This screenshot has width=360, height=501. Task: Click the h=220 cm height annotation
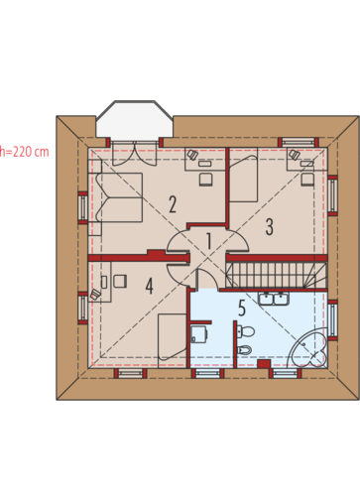point(24,152)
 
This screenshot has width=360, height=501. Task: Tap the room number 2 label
point(173,204)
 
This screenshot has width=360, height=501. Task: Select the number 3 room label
point(270,227)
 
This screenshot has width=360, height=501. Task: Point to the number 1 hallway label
point(209,241)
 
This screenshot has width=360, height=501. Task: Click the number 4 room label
point(150,286)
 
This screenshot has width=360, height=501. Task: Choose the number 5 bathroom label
point(242,308)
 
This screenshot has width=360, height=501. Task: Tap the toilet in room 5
point(245,331)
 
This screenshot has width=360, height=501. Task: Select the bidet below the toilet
point(245,350)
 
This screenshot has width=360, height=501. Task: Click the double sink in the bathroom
point(274,299)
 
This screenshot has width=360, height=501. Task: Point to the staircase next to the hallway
point(277,276)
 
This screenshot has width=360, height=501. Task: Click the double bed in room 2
point(115,197)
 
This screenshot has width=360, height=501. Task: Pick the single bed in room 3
point(243,179)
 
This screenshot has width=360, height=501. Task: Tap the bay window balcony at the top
point(134,119)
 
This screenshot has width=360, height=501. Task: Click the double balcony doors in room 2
point(134,153)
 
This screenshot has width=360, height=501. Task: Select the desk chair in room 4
point(120,281)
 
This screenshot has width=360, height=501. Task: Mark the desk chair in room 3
point(307,179)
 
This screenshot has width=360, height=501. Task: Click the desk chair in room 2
point(205,179)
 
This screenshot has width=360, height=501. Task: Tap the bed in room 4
point(173,340)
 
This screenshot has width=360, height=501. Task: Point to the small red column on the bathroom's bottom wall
point(264,364)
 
